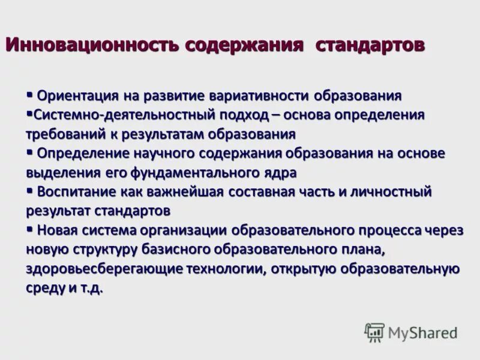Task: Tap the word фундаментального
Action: pos(198,172)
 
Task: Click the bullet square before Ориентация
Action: pos(29,94)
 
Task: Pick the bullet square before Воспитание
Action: pos(29,190)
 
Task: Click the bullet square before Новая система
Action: pos(29,228)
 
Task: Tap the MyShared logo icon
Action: pos(374,332)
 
